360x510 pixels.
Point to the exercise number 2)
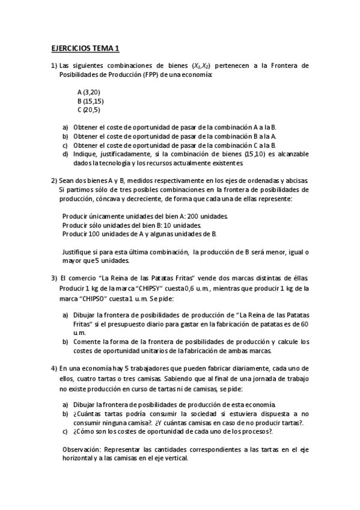pos(53,180)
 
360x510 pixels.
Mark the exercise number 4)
pos(53,367)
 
